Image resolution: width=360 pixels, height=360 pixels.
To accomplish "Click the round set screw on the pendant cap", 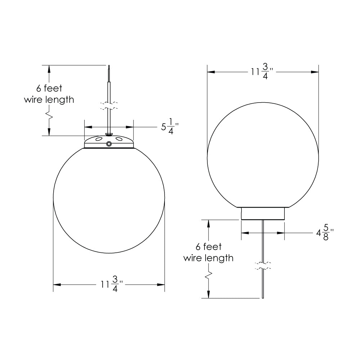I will pos(109,144).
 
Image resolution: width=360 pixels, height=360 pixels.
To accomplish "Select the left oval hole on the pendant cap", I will pos(99,139).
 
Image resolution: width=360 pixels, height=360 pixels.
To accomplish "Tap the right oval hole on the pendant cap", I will pos(119,139).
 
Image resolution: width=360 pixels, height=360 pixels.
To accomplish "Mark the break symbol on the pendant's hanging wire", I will pos(109,106).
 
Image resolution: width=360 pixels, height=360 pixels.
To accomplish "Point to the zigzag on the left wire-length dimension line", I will pos(49,116).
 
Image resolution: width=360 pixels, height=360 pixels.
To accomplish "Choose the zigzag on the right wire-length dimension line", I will pos(208,275).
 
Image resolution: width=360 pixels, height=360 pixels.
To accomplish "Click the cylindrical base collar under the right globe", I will pos(263,214).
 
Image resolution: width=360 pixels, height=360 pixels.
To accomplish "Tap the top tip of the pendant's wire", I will pos(109,66).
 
